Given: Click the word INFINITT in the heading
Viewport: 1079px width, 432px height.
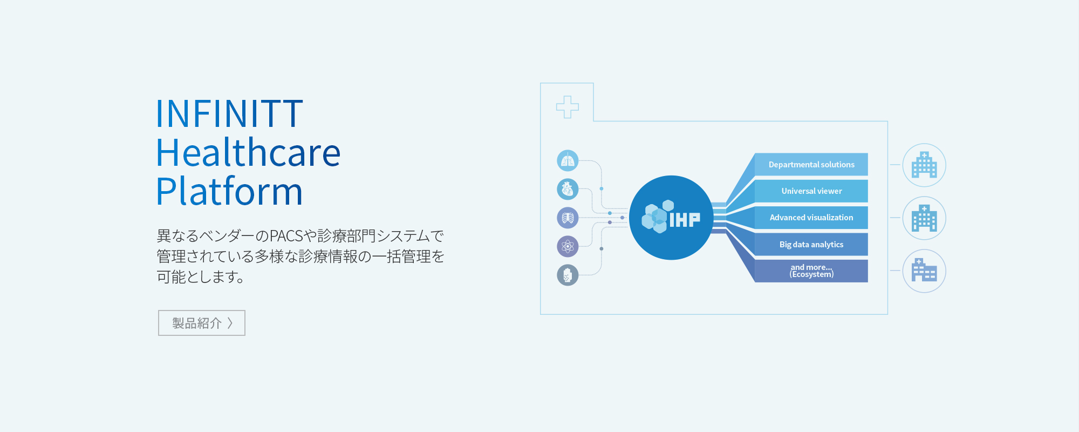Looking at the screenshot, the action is (x=229, y=114).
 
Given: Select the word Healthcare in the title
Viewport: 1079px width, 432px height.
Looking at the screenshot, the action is (x=248, y=152).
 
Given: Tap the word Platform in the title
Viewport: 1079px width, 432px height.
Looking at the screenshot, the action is (x=229, y=191).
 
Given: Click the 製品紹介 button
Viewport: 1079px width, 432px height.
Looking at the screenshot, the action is (x=202, y=323).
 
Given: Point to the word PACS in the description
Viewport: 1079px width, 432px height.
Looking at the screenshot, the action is (x=286, y=236).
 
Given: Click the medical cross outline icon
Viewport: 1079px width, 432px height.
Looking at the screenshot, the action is (x=568, y=107).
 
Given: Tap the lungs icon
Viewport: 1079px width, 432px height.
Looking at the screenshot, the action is (x=568, y=160).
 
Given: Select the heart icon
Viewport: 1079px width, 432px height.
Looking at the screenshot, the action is (x=568, y=189).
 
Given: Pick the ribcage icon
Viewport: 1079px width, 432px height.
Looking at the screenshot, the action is (x=568, y=218).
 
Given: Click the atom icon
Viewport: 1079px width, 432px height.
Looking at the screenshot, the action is (x=568, y=246).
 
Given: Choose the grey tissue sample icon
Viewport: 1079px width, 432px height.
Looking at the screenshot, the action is (x=568, y=275).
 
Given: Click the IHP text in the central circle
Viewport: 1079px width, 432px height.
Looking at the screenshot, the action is (x=685, y=219).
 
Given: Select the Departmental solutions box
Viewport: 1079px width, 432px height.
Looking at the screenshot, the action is (x=811, y=164).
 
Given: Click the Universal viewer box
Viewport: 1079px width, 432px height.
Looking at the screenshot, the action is (x=811, y=191).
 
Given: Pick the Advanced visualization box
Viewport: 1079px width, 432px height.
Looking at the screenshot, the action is (x=811, y=218).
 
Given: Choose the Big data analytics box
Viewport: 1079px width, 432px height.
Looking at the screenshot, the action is (x=811, y=244).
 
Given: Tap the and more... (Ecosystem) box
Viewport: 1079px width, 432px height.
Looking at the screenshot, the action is (x=811, y=271).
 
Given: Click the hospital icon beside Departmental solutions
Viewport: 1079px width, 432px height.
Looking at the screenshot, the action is (x=924, y=165).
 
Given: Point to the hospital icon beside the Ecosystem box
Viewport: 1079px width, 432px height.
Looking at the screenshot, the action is (x=924, y=271).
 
